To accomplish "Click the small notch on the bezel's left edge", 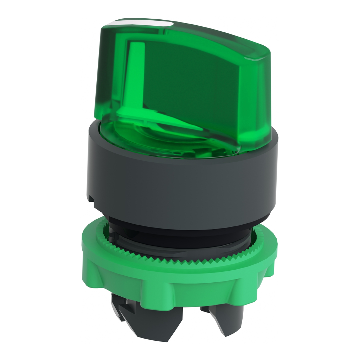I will click(x=91, y=199).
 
